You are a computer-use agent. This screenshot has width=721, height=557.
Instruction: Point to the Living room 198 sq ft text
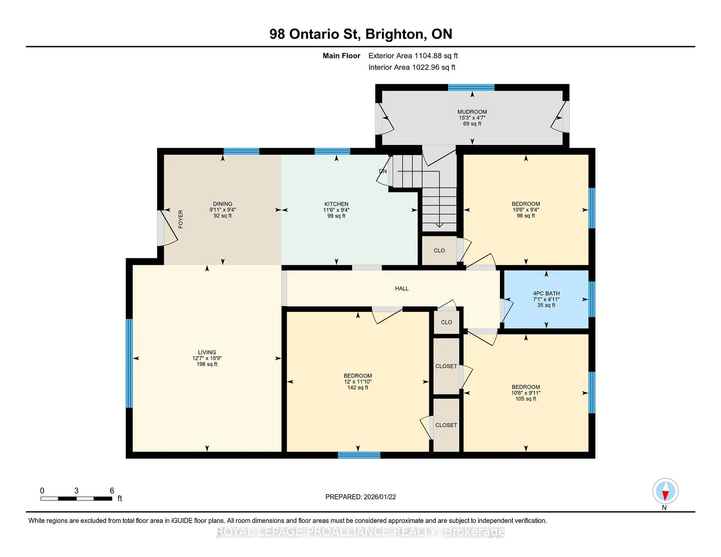point(207,364)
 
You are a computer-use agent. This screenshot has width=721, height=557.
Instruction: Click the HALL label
point(402,288)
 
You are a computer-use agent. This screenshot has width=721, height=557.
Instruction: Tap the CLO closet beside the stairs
point(439,251)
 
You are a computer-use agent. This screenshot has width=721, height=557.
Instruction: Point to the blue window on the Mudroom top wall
point(471,87)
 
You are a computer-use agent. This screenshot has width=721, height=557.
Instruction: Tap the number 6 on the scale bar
point(112,491)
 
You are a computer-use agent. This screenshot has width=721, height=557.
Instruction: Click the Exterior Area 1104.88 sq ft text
point(413,56)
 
